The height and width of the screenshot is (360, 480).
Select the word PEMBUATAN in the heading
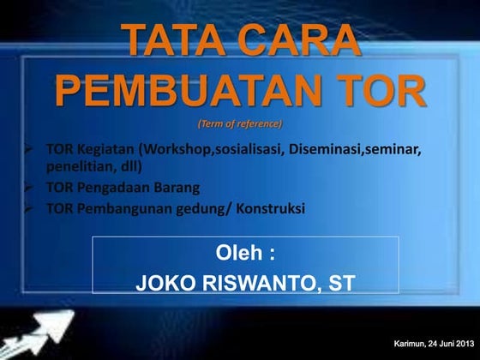coord(189,92)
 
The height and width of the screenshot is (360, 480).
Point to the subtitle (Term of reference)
coord(239,123)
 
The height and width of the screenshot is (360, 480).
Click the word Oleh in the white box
coord(238,254)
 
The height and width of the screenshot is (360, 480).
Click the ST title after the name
coord(340,284)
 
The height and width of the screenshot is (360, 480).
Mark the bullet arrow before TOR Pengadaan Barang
coord(28,187)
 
